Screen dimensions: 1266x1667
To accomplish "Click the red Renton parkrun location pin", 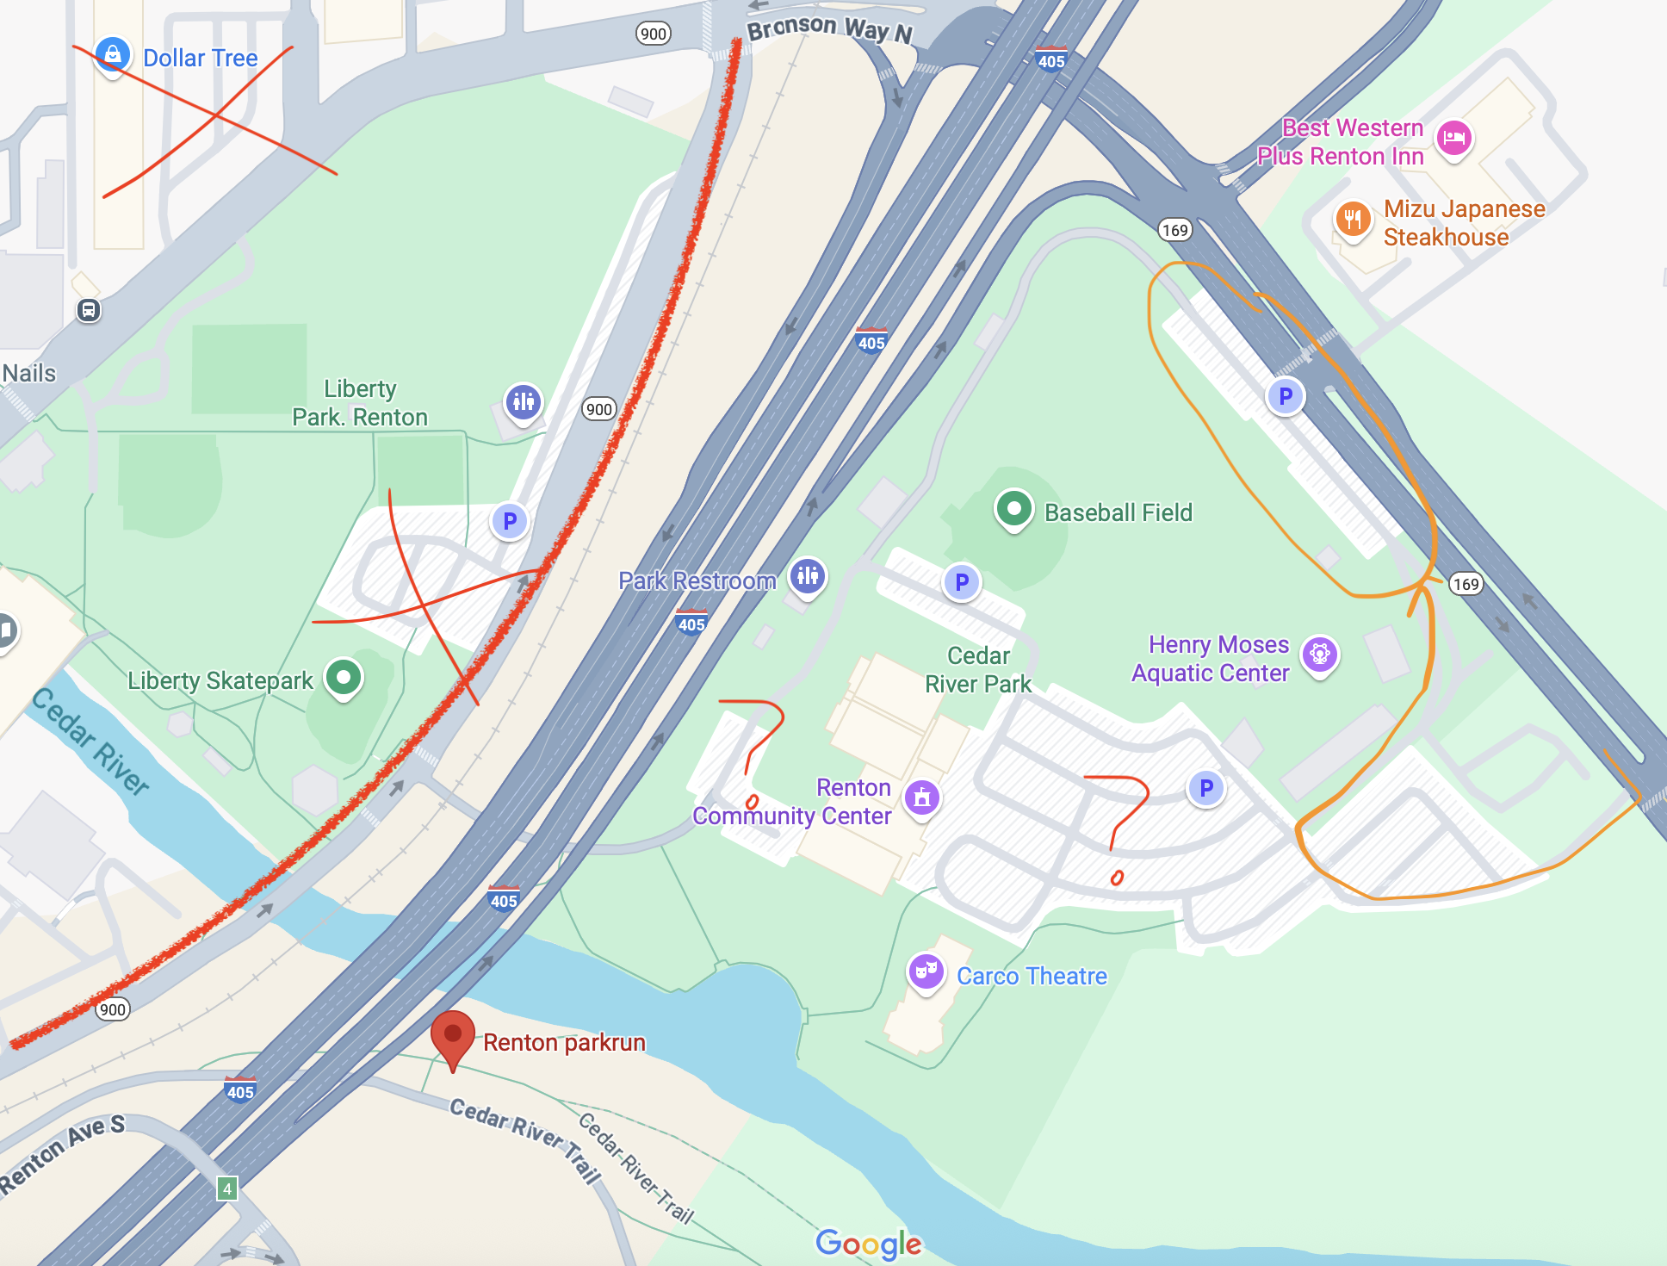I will [452, 1036].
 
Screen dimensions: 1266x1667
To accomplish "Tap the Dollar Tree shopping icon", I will [113, 54].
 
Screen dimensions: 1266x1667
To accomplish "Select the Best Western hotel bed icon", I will [1454, 137].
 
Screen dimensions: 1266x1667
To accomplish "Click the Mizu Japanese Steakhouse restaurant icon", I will [1353, 218].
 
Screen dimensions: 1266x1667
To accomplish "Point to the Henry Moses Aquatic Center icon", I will [1319, 655].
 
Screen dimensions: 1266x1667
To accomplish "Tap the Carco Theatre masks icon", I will [926, 971].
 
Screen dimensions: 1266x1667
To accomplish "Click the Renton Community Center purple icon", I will [922, 797].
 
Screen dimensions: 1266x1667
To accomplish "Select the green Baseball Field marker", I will [1013, 508].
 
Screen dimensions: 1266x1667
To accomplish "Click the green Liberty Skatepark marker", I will [344, 677].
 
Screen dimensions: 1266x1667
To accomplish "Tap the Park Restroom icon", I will [808, 575].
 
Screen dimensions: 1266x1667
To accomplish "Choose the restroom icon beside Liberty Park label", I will [524, 400].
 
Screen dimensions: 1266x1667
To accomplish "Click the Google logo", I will [868, 1243].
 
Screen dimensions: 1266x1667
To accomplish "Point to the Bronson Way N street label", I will [829, 28].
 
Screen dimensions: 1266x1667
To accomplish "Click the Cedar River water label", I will [90, 741].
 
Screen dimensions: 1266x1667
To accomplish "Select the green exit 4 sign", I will [227, 1189].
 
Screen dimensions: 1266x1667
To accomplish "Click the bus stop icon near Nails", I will [89, 310].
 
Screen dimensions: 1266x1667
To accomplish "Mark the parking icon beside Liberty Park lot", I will [510, 521].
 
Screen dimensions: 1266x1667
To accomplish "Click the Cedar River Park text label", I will [977, 669].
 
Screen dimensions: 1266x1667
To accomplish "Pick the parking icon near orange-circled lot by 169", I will [1285, 396].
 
